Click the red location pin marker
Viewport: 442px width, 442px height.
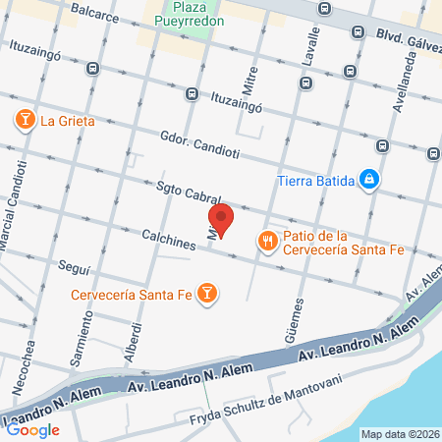[x=221, y=219]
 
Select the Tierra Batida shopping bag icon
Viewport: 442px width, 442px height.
[x=369, y=179]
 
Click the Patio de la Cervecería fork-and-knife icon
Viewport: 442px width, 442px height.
[x=265, y=241]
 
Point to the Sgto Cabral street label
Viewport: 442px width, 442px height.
[x=189, y=193]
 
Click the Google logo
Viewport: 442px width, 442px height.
[x=33, y=428]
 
